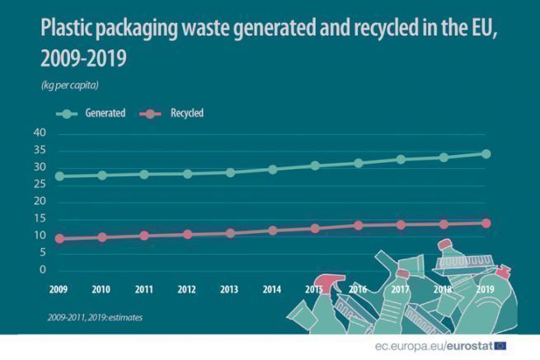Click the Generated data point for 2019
pos(486,154)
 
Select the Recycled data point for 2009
pos(59,239)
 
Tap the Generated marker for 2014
pos(273,169)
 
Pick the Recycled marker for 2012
pos(187,235)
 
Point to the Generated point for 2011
pos(144,175)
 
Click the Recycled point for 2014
pos(273,231)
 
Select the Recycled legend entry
pos(174,114)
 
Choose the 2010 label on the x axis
pos(101,289)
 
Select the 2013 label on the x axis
pos(229,289)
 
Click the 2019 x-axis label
pos(486,289)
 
